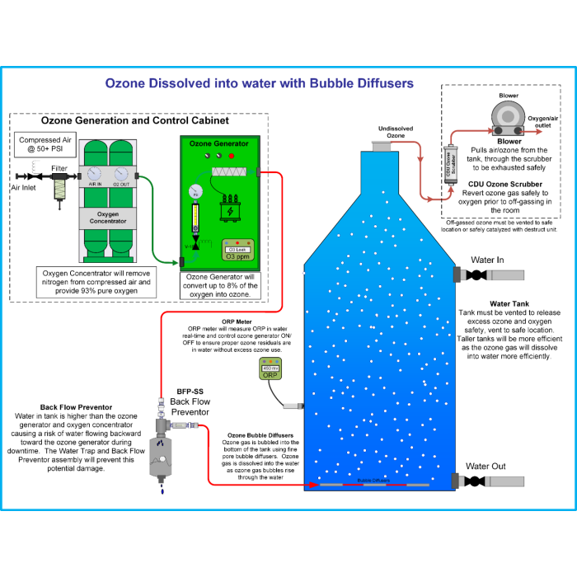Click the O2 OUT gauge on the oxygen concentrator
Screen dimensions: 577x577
click(x=122, y=173)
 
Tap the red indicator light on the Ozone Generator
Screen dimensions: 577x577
click(x=231, y=155)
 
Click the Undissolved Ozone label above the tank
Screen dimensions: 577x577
click(x=396, y=133)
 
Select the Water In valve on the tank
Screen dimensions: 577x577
click(x=471, y=275)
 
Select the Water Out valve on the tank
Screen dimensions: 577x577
click(x=471, y=481)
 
